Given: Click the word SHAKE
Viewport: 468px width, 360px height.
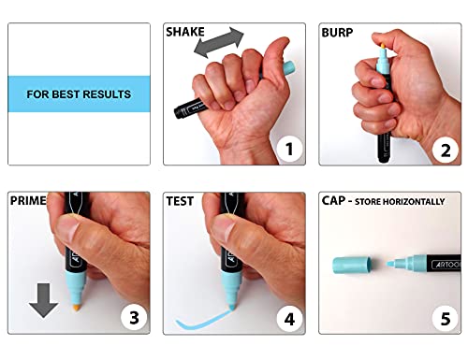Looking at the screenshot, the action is pos(185,32).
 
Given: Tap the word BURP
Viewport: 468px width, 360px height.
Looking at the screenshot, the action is pos(337,33).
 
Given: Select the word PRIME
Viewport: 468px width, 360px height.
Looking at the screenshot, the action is pos(28,200).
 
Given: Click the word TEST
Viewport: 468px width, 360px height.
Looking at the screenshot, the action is pos(180,201).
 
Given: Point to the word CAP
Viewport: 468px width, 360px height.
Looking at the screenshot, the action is pos(333,201).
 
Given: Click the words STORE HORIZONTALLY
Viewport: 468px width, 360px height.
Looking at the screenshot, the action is pos(400,202).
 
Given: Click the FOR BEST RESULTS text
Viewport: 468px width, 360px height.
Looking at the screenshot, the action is pos(79,94).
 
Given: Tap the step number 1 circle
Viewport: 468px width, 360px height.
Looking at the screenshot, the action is pos(289,149).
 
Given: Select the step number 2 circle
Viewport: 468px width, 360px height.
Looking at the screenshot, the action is pos(446,151).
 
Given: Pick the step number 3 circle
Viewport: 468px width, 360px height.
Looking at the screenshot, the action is pos(134,318).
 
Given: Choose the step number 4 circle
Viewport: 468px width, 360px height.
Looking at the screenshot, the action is pos(289,319).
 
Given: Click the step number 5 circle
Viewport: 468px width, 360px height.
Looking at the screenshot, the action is pos(446,319).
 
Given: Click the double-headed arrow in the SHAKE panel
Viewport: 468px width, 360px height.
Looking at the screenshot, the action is pos(219,42).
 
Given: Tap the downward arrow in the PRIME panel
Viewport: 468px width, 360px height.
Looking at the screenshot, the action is pos(43,300).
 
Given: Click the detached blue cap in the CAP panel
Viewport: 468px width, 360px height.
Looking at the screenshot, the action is pos(353,266).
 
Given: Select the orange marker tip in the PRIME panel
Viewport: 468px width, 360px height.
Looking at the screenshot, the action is pos(77,308).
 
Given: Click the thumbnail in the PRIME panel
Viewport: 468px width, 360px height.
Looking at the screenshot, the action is pos(68,227).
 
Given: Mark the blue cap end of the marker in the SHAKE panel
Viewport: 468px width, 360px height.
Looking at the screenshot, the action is pos(288,68).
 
